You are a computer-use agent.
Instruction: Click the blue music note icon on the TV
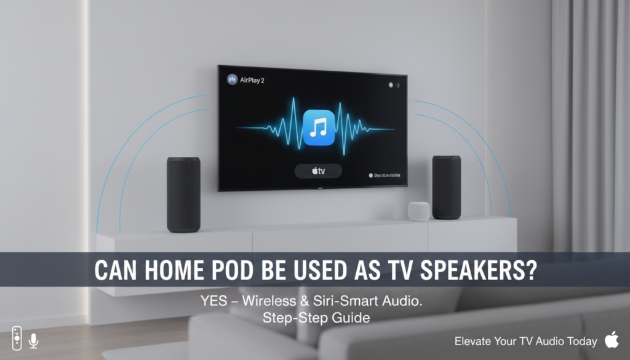click(x=319, y=128)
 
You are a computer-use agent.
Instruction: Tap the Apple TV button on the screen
click(x=317, y=170)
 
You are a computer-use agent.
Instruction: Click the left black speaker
click(x=183, y=194)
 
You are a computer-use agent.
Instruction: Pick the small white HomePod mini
click(x=419, y=210)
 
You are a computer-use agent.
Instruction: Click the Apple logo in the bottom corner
click(x=612, y=339)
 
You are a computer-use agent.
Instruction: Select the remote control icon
click(x=17, y=338)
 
